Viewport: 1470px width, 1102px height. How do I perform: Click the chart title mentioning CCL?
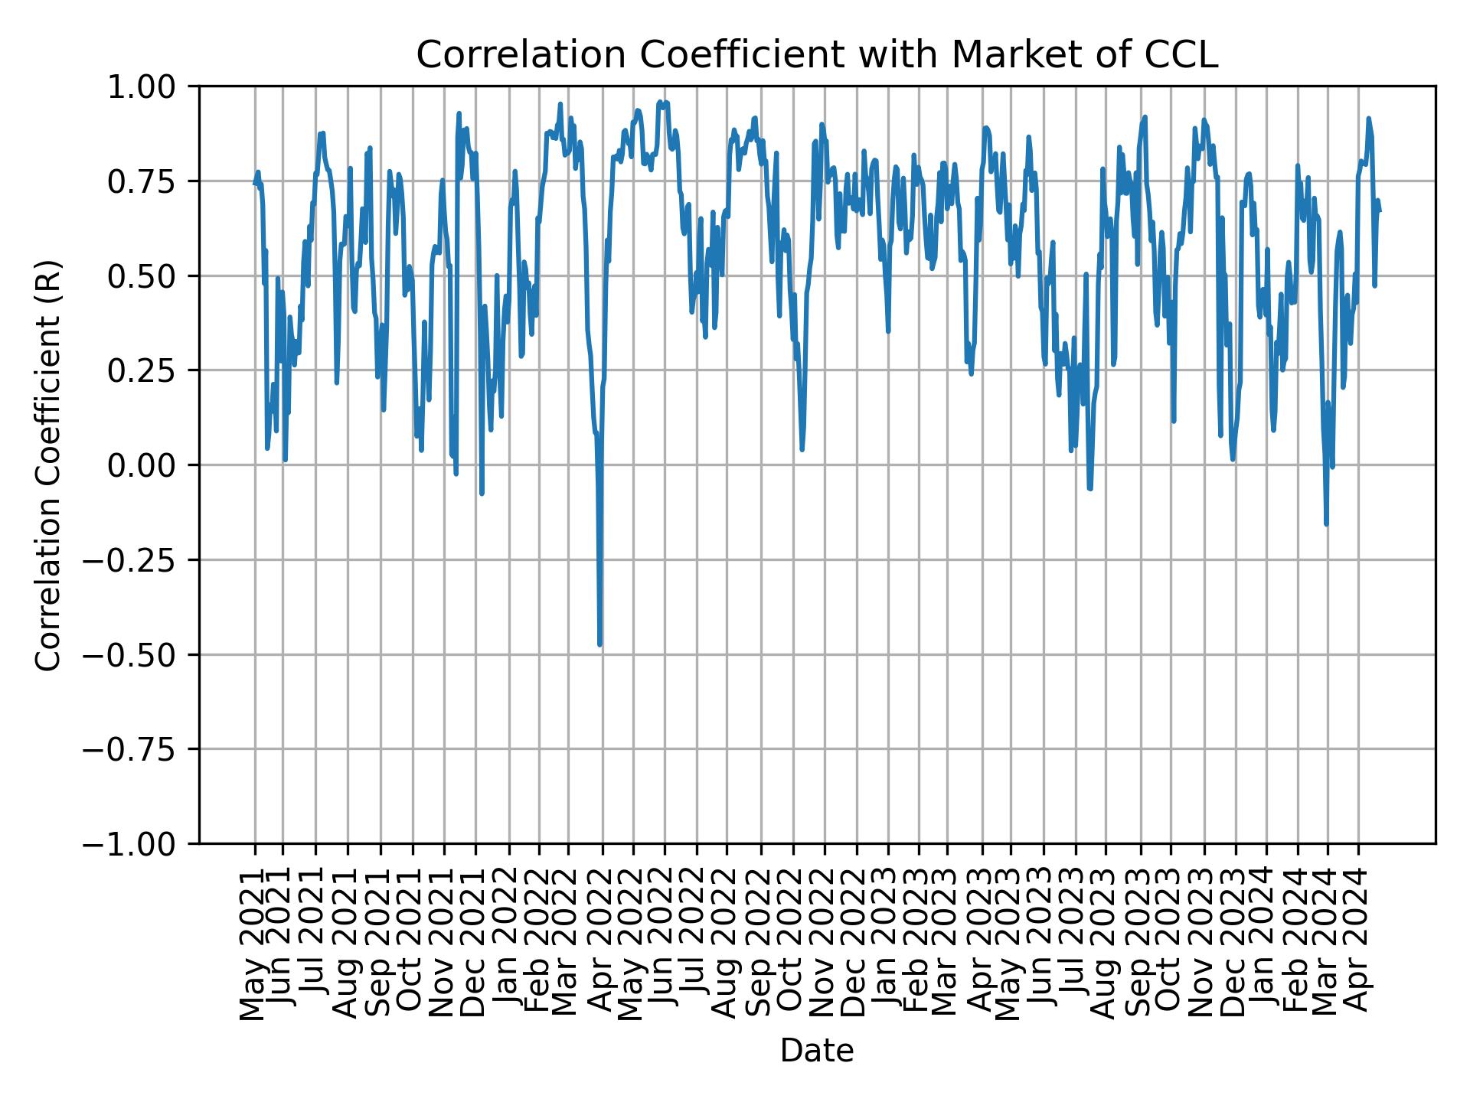click(x=816, y=55)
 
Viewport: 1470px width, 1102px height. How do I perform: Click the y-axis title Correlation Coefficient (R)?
click(x=48, y=465)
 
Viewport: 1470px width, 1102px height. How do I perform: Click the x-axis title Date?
click(x=816, y=1051)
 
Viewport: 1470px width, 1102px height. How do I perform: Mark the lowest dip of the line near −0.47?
click(x=599, y=644)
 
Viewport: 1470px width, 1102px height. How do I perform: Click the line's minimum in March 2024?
click(x=1326, y=524)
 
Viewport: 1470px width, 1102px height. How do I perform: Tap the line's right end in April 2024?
click(x=1380, y=211)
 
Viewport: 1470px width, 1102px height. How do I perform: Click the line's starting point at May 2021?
click(x=254, y=184)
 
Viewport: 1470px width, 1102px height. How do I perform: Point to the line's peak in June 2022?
click(x=659, y=101)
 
